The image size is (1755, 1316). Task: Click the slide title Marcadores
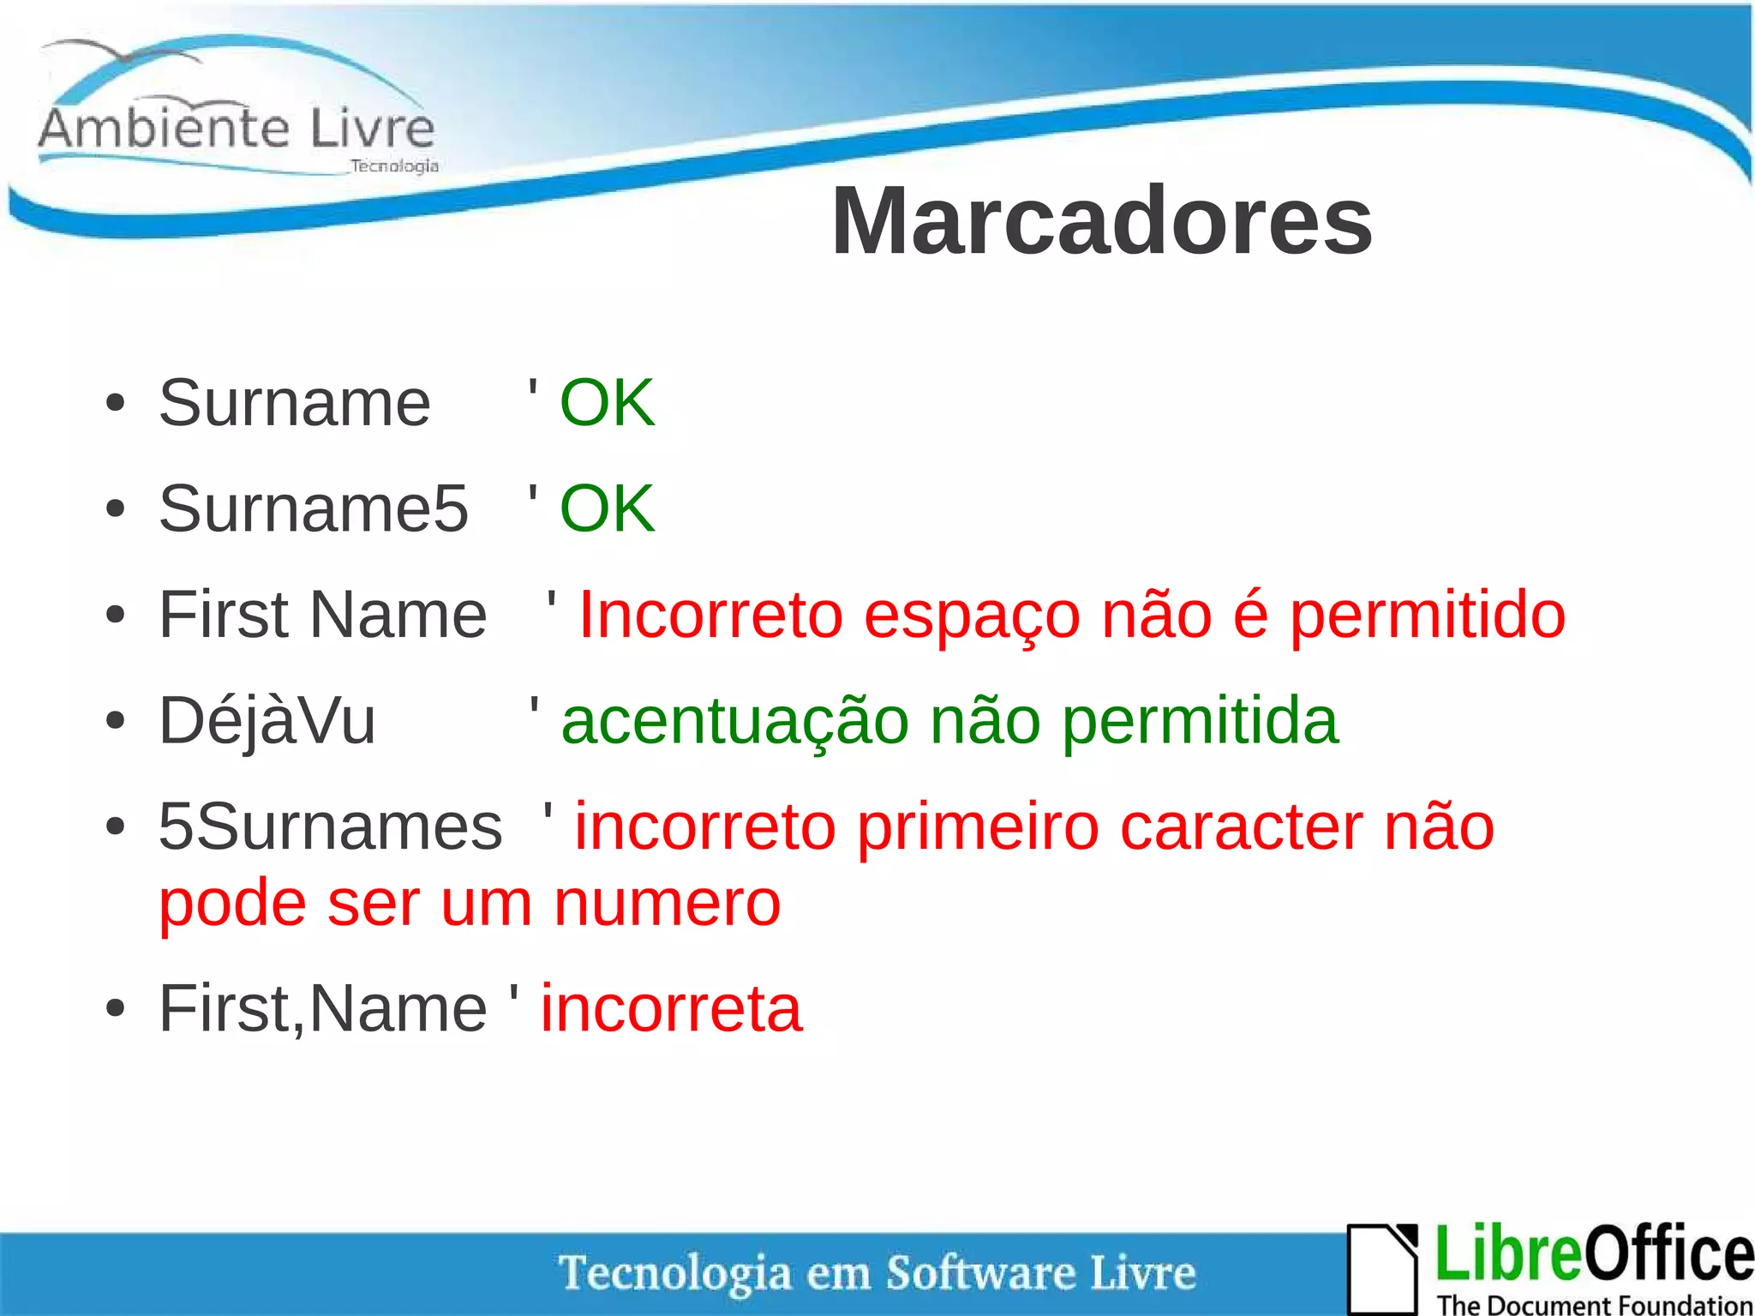point(1101,221)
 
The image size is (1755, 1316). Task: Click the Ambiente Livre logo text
point(237,129)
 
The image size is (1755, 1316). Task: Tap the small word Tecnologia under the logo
point(394,165)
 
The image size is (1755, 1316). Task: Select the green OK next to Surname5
point(607,508)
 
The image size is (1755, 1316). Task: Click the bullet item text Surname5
point(314,508)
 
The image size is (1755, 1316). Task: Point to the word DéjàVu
point(267,721)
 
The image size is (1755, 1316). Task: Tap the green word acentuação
point(734,723)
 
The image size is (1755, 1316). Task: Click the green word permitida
point(1200,723)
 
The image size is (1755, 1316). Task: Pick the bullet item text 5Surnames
point(330,826)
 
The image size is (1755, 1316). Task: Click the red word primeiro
point(977,828)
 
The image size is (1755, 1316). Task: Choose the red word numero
point(667,904)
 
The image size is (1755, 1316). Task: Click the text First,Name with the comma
point(323,1009)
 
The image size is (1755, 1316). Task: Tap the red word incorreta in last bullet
point(671,1009)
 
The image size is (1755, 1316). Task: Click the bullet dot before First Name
point(116,616)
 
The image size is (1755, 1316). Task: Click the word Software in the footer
point(979,1272)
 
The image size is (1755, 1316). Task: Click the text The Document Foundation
point(1594,1305)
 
